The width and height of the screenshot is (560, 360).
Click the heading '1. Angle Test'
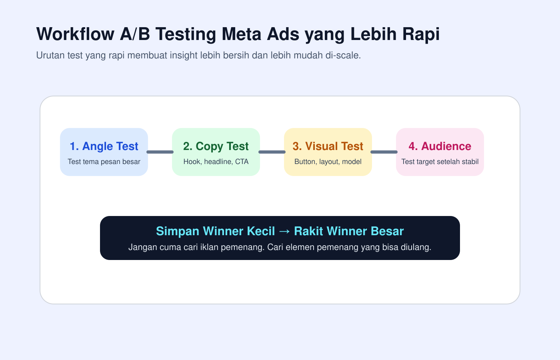pyautogui.click(x=104, y=146)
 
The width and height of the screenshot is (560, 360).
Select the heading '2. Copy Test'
pyautogui.click(x=216, y=146)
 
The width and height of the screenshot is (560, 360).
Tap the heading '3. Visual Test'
pyautogui.click(x=328, y=146)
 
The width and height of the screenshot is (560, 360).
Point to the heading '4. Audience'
pyautogui.click(x=440, y=146)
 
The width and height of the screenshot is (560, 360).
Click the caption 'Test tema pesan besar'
pyautogui.click(x=104, y=162)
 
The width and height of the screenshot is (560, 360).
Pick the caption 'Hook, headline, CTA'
pyautogui.click(x=216, y=162)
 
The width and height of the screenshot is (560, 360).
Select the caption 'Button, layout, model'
pyautogui.click(x=328, y=162)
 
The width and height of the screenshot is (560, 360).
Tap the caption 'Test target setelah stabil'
pyautogui.click(x=440, y=162)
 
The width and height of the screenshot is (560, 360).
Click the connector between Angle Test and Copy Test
pyautogui.click(x=160, y=152)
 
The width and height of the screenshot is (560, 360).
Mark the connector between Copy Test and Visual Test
pyautogui.click(x=272, y=152)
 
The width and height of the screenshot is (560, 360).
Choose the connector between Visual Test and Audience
pyautogui.click(x=384, y=152)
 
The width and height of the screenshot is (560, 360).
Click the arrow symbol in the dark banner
pyautogui.click(x=284, y=232)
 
